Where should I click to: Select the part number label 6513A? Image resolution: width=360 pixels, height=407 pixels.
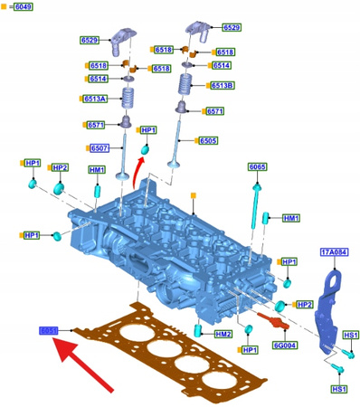95,99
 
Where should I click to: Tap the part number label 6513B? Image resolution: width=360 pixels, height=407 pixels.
223,85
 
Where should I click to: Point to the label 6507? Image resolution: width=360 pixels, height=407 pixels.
99,147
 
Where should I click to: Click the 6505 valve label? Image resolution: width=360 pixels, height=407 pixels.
207,141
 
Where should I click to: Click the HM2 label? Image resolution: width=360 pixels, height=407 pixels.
223,334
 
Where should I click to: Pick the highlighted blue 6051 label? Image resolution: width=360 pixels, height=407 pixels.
48,332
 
